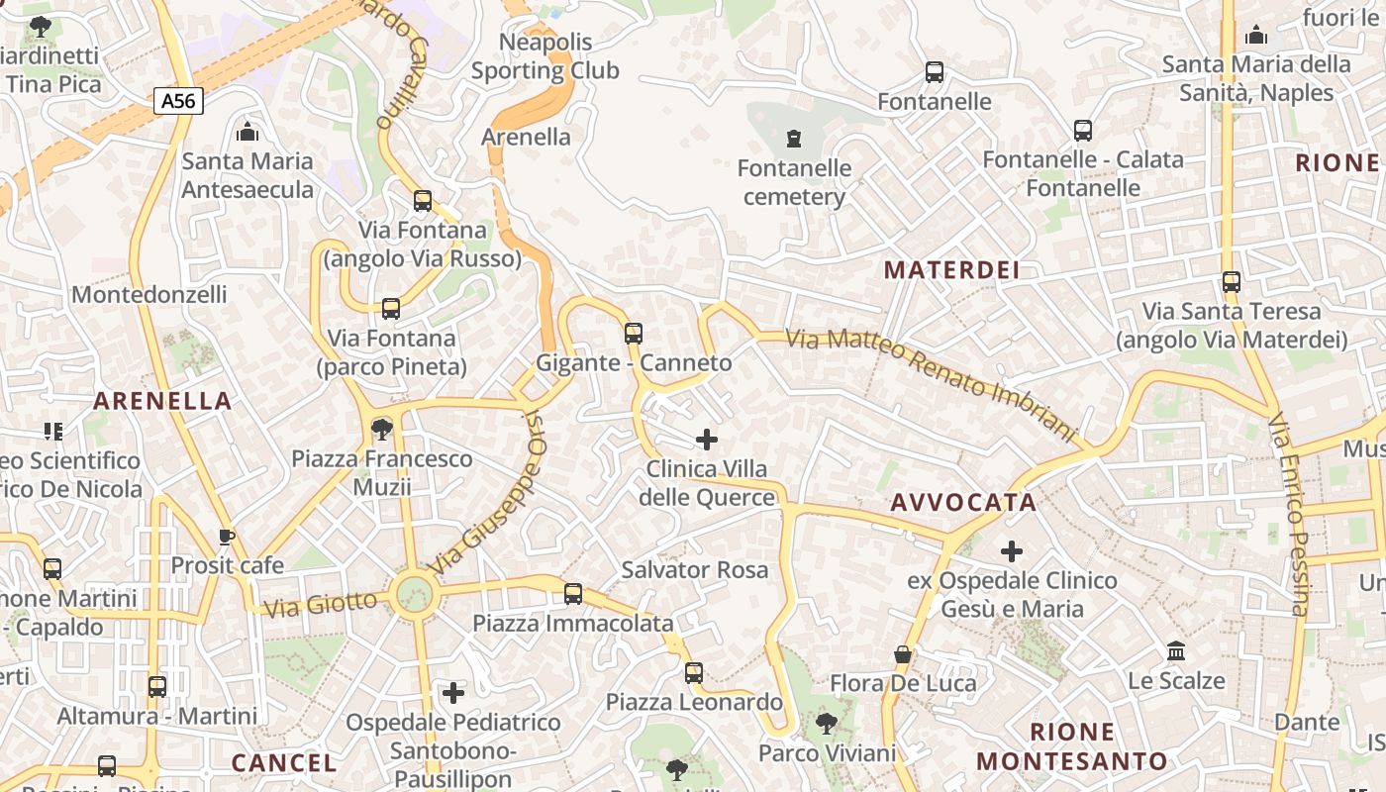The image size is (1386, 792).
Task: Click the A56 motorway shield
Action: pyautogui.click(x=178, y=100)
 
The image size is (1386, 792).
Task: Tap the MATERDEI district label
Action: pyautogui.click(x=951, y=270)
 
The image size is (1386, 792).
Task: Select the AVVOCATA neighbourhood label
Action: pyautogui.click(x=963, y=503)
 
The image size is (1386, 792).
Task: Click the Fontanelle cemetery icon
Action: pyautogui.click(x=793, y=139)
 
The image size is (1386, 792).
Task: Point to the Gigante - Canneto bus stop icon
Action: pyautogui.click(x=634, y=334)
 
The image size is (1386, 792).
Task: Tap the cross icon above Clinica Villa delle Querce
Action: pyautogui.click(x=707, y=439)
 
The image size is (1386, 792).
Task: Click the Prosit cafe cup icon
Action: pyautogui.click(x=227, y=538)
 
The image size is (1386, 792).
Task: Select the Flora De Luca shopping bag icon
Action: pyautogui.click(x=903, y=654)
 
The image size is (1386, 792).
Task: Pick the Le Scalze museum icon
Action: pyautogui.click(x=1176, y=651)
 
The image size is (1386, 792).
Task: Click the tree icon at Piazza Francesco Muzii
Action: pyautogui.click(x=381, y=430)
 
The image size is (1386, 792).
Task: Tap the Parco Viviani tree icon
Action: pyautogui.click(x=827, y=724)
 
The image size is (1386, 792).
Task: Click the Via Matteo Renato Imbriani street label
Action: pyautogui.click(x=931, y=384)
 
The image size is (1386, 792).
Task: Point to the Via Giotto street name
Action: pyautogui.click(x=321, y=603)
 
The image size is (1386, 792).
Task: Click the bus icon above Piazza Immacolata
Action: pyautogui.click(x=573, y=594)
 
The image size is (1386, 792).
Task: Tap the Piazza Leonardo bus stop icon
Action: pyautogui.click(x=694, y=673)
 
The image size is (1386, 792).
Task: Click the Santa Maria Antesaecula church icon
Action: pyautogui.click(x=247, y=132)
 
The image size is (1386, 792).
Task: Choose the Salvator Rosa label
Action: pyautogui.click(x=694, y=570)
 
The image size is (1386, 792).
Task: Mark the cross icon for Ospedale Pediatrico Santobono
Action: pyautogui.click(x=453, y=693)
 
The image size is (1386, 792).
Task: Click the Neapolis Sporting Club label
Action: pyautogui.click(x=545, y=56)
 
